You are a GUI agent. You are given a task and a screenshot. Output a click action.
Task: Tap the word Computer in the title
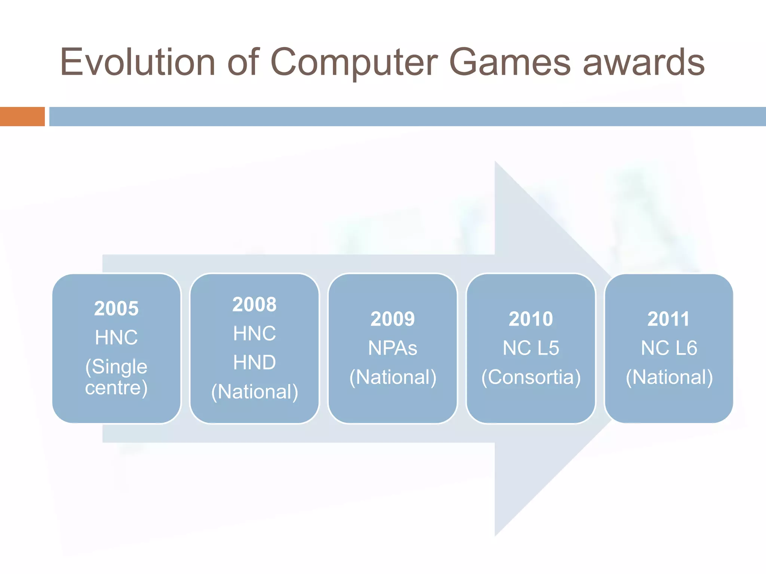353,62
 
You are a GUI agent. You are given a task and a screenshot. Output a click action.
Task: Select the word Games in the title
509,62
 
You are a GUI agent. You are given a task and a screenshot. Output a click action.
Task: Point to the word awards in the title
644,62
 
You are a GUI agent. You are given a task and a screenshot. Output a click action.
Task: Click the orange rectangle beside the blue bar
22,117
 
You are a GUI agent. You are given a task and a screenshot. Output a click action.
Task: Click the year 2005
116,309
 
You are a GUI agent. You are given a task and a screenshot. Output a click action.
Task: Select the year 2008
254,304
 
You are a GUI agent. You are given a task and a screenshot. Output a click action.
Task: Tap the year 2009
393,319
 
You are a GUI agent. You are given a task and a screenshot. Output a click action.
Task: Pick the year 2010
531,319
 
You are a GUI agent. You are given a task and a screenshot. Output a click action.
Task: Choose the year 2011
669,319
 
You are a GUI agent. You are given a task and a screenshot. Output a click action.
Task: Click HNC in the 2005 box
116,337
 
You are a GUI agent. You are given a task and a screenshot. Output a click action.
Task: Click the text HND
254,362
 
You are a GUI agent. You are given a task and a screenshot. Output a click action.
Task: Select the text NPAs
393,348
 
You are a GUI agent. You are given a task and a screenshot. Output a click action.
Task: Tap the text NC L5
531,348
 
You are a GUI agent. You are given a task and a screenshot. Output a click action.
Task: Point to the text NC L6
669,348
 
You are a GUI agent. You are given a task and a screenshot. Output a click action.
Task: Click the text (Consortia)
531,377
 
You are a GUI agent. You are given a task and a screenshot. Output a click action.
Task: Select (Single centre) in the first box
116,377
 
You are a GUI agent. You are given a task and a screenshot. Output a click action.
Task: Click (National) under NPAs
393,377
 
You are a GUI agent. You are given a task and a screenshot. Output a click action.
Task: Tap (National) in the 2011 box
669,377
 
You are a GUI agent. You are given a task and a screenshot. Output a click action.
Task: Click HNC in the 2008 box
254,333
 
